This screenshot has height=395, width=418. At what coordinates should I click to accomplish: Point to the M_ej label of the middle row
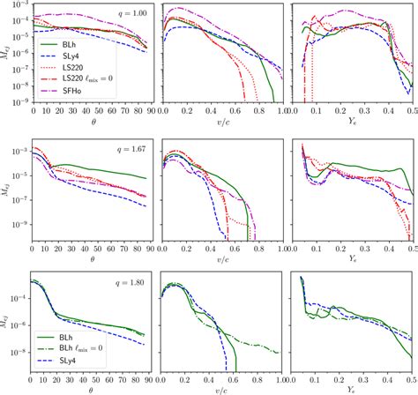10,192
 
